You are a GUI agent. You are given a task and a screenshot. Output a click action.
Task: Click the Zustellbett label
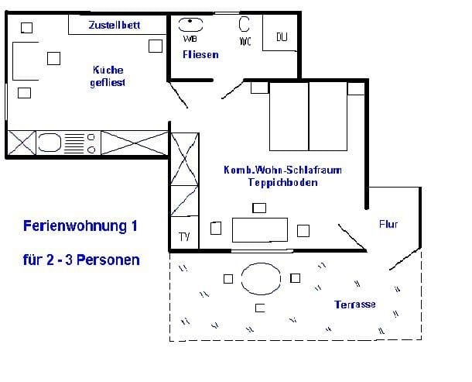[115, 25]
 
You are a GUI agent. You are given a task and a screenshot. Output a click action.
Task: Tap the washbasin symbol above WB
[190, 25]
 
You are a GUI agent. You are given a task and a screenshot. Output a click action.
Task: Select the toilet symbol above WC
[245, 24]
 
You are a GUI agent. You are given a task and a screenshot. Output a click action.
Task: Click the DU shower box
[280, 33]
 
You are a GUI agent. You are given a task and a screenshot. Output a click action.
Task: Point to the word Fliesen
[200, 54]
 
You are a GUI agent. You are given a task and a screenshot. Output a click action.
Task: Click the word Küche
[108, 70]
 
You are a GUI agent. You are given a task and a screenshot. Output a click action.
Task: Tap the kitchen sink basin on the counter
[50, 143]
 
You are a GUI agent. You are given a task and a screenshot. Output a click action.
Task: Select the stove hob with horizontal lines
[74, 143]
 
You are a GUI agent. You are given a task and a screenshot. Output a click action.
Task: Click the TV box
[184, 232]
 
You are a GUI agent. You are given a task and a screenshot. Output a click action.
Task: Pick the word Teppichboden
[282, 182]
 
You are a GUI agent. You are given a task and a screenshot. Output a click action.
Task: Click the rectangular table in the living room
[260, 230]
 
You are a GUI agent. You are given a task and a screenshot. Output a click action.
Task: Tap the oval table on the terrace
[261, 279]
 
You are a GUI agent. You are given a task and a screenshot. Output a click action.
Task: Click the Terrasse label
[355, 305]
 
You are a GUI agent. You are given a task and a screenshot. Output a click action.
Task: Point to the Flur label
[388, 224]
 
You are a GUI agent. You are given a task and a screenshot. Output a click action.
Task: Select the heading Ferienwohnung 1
[80, 225]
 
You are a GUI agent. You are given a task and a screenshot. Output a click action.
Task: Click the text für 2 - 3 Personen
[81, 260]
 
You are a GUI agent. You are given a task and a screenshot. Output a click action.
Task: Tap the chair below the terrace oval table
[260, 308]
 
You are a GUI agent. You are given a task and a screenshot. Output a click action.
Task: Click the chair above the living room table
[259, 208]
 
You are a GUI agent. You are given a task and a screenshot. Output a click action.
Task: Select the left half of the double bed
[289, 116]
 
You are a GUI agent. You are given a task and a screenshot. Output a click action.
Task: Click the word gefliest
[108, 83]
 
